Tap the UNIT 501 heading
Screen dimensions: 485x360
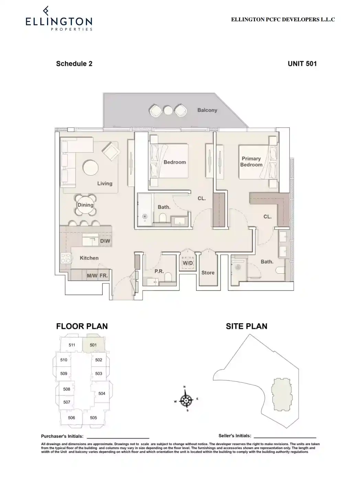302,64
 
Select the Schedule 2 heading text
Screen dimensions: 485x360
74,64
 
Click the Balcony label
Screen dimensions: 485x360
207,110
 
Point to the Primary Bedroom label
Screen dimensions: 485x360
251,161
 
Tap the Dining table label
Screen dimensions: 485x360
86,205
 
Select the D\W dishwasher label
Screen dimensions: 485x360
105,241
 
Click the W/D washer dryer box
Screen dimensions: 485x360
188,263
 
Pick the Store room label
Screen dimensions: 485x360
208,273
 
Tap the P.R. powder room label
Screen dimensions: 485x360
159,271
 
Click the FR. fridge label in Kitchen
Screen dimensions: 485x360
104,275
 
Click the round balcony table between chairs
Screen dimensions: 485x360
168,110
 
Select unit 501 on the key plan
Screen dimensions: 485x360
93,345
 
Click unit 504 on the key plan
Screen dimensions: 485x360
102,394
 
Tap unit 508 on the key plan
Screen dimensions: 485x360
67,389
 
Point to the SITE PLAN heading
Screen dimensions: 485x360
246,326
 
